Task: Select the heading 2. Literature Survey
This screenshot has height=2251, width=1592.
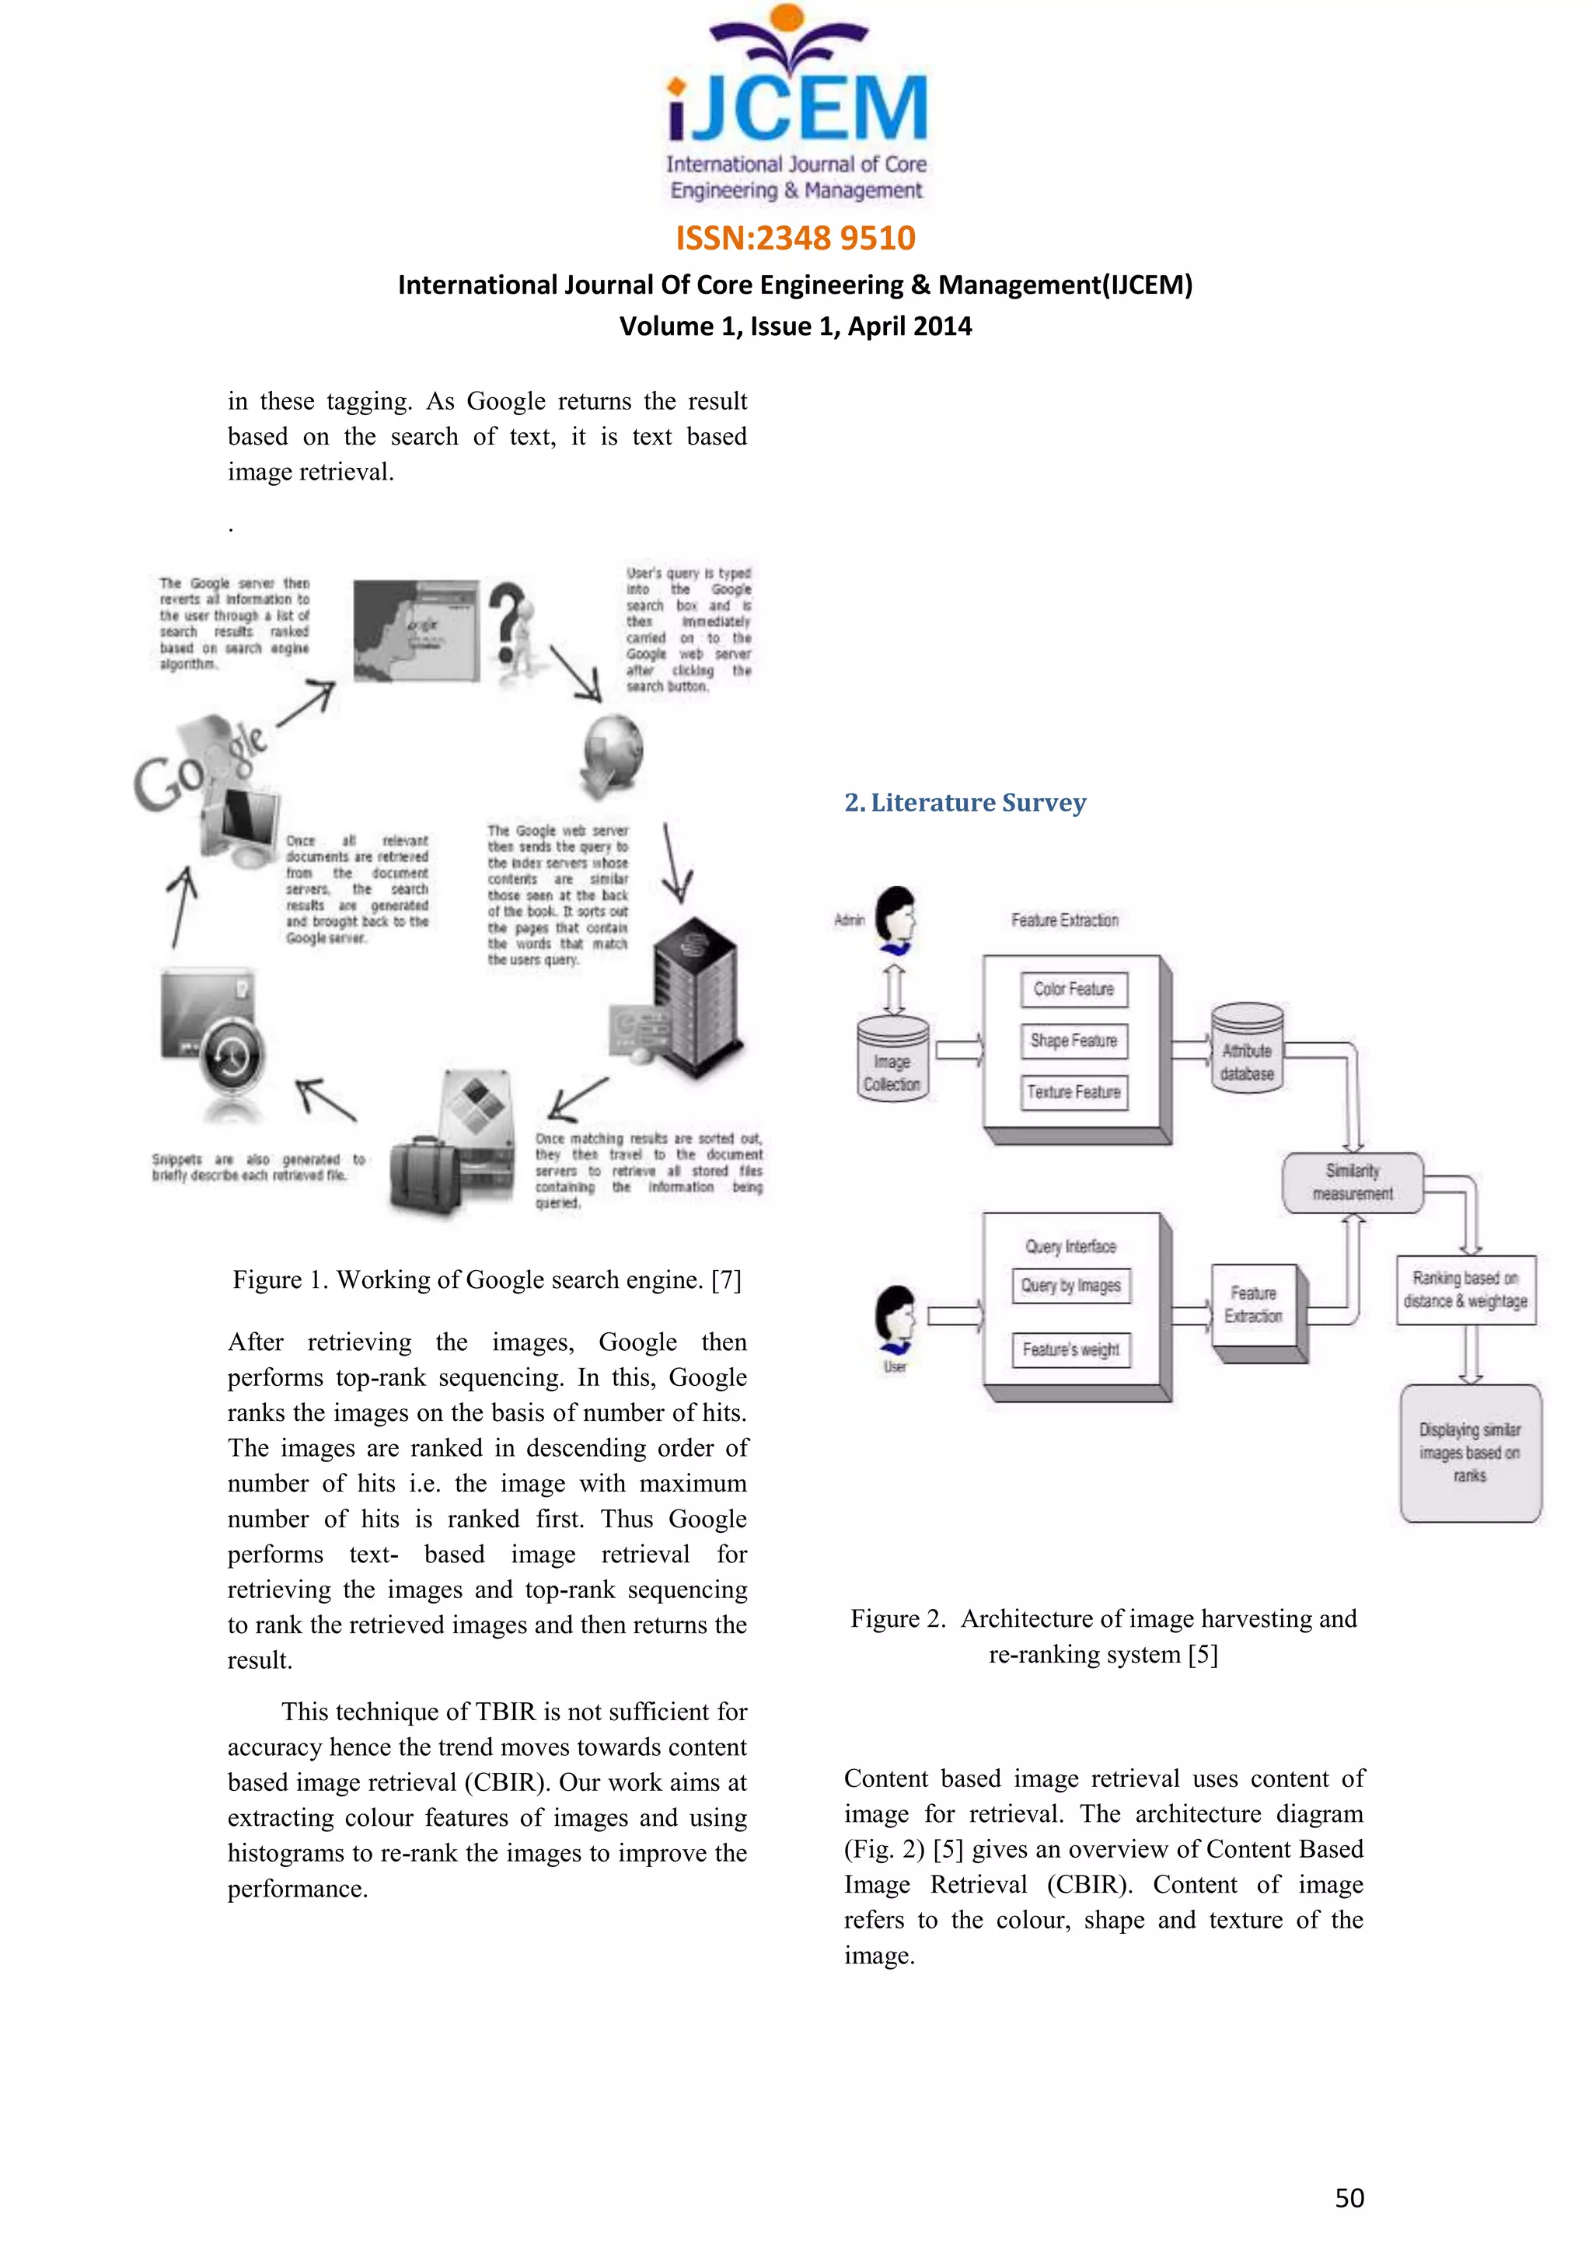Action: click(965, 803)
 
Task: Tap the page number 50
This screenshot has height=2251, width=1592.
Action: click(1349, 2197)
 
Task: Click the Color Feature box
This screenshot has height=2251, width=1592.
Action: click(1074, 989)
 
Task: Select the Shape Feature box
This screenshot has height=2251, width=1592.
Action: click(1074, 1040)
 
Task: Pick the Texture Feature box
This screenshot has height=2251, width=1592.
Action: click(1074, 1092)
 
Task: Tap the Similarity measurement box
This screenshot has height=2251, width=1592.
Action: click(1352, 1182)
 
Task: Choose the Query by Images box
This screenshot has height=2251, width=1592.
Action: click(1070, 1286)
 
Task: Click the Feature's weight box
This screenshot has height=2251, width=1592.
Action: click(1070, 1350)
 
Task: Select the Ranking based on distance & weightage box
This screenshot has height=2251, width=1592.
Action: click(1465, 1290)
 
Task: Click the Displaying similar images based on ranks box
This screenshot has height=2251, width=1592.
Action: click(1469, 1452)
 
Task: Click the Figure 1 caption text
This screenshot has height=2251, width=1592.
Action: click(486, 1279)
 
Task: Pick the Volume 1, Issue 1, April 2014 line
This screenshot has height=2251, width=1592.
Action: click(795, 326)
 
